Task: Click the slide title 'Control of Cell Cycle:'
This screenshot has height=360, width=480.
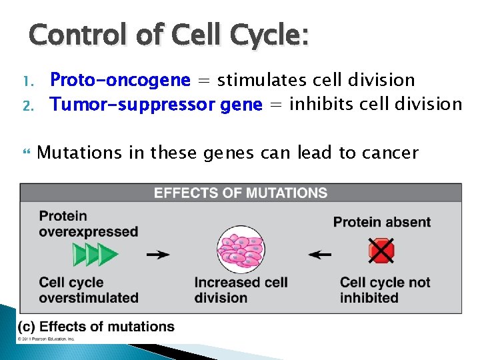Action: point(169,35)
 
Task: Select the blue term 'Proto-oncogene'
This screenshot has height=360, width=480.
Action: point(120,81)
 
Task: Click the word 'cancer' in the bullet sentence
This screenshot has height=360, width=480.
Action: point(388,153)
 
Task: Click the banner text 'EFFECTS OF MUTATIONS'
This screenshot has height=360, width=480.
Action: point(241,193)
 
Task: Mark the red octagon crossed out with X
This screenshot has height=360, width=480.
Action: point(381,252)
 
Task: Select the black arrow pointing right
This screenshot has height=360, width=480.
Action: point(158,255)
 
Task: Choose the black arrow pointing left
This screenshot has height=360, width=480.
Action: point(321,255)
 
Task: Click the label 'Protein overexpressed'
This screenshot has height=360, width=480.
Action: point(88,224)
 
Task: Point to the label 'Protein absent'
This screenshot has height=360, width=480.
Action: point(382,222)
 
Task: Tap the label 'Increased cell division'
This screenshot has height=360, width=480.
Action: point(241,290)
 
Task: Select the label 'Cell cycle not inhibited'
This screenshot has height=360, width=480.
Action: point(385,290)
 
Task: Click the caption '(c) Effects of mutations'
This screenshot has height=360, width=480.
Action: point(96,327)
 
